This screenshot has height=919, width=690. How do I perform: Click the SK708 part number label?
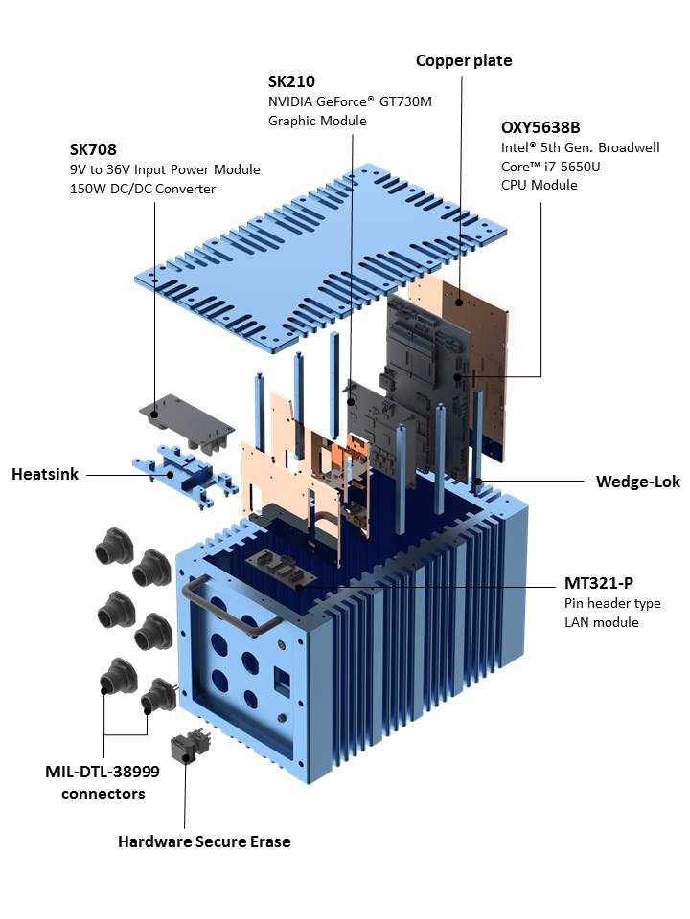(x=92, y=149)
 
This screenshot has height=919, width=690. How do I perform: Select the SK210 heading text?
(x=290, y=82)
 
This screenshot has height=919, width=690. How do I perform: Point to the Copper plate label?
(x=464, y=60)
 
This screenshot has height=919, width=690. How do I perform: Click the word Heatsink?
(x=44, y=474)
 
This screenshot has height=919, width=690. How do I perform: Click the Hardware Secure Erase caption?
(x=204, y=841)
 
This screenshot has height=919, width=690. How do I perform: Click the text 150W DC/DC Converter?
(x=142, y=189)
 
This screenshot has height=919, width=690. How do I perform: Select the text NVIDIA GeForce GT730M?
(x=350, y=101)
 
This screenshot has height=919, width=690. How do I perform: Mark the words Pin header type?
(x=612, y=603)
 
